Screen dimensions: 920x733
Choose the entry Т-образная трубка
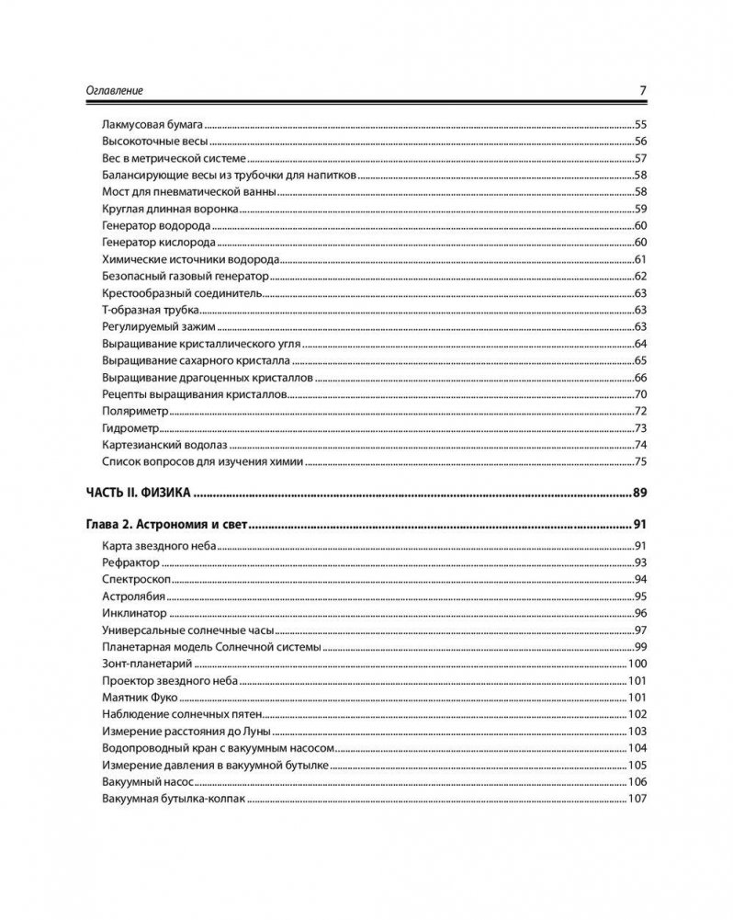[x=148, y=310]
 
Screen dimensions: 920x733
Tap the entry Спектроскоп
[x=134, y=579]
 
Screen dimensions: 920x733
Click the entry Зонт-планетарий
[x=148, y=664]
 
